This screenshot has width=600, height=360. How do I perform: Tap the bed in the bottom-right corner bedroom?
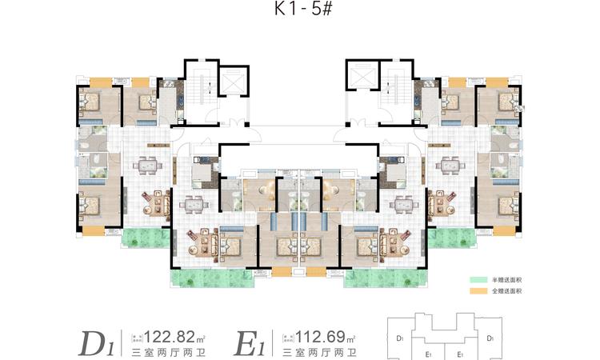coord(506,205)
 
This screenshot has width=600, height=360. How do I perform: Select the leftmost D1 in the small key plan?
coord(399,338)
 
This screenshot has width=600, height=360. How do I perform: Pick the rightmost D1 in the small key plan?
coord(489,338)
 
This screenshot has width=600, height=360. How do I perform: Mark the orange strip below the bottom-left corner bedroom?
coord(94,230)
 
